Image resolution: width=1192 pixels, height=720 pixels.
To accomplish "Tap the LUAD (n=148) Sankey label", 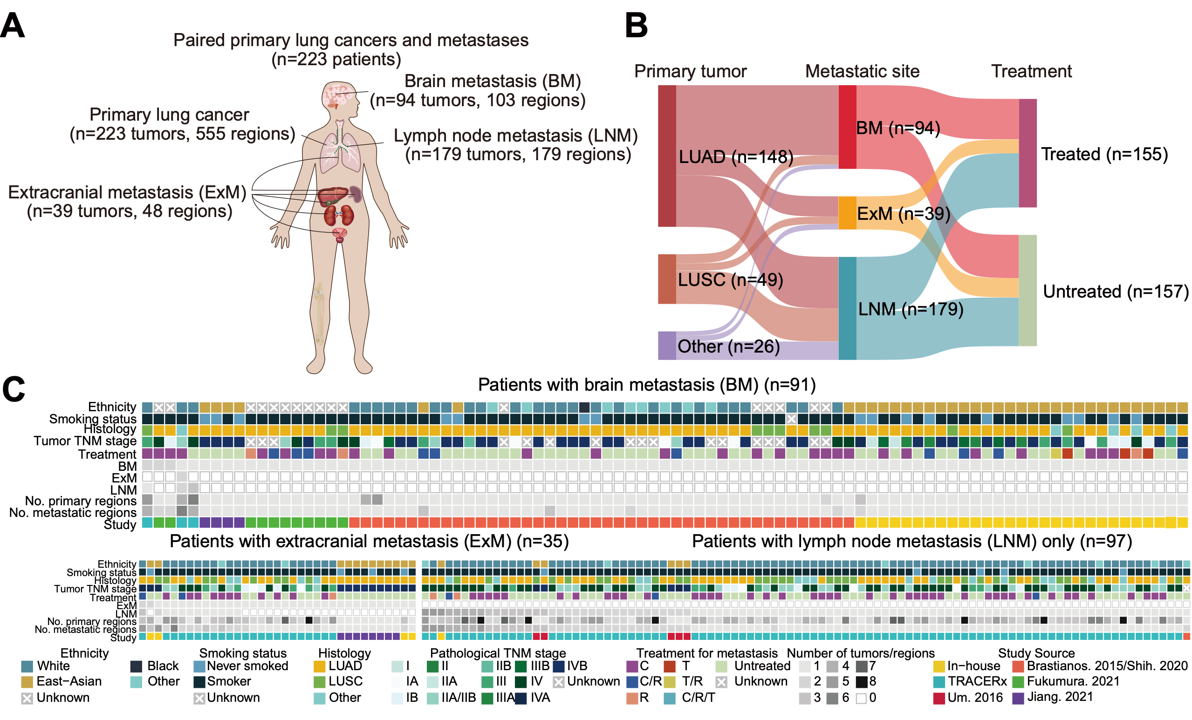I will point(736,156).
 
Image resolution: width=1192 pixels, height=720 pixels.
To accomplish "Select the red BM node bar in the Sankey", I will point(847,127).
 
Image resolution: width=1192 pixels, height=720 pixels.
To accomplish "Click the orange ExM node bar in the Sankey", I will point(847,213).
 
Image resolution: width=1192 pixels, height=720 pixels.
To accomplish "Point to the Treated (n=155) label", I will point(1104,154).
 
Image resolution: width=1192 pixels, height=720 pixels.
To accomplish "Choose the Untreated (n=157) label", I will point(1116,292).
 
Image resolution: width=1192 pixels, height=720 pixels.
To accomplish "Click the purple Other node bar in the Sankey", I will point(667,345).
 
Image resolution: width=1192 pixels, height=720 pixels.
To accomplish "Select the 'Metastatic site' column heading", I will point(862,71).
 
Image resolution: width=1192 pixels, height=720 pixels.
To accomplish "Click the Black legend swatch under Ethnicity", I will point(136,666).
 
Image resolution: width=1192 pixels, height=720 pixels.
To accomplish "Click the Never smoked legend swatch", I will point(199,666).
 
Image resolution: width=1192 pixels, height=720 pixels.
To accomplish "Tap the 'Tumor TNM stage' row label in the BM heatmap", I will point(85,441).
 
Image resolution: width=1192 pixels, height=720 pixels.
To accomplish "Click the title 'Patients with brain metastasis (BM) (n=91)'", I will point(647,385).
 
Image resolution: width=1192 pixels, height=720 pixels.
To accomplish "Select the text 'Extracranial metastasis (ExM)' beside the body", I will point(127,192).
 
